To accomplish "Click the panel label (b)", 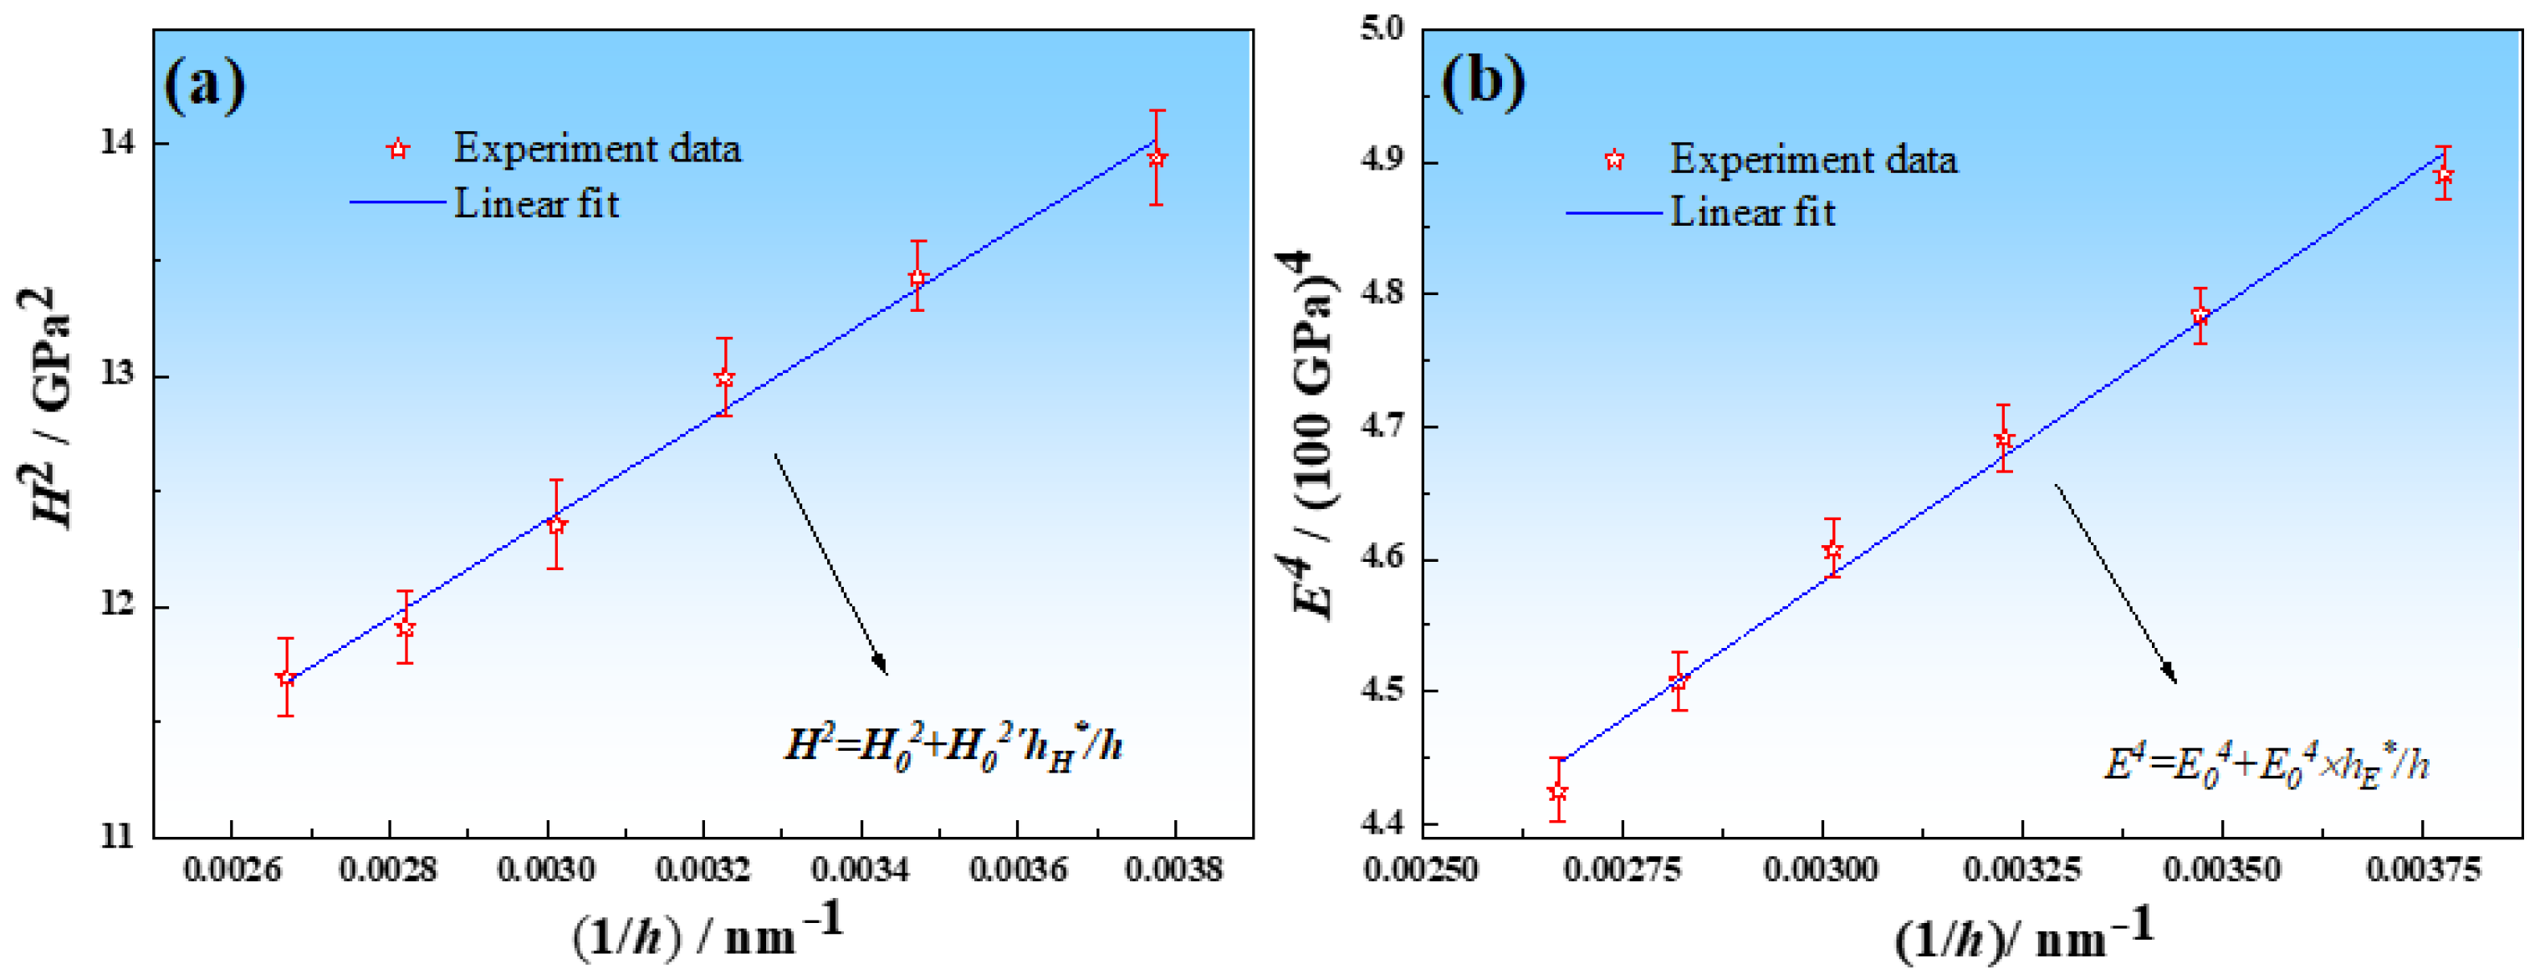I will pyautogui.click(x=1483, y=79).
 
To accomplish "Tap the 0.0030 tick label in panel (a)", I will pyautogui.click(x=545, y=869).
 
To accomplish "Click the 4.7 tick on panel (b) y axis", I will pyautogui.click(x=1382, y=426).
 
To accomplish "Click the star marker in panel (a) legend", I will pyautogui.click(x=398, y=149).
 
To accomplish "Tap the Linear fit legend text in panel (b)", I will pyautogui.click(x=1751, y=212).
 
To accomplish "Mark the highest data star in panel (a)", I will pyautogui.click(x=1157, y=157).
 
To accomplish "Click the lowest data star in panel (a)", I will pyautogui.click(x=285, y=678).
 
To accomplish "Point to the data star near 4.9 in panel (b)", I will pyautogui.click(x=2443, y=176).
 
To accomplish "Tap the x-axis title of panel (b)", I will pyautogui.click(x=2022, y=936).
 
